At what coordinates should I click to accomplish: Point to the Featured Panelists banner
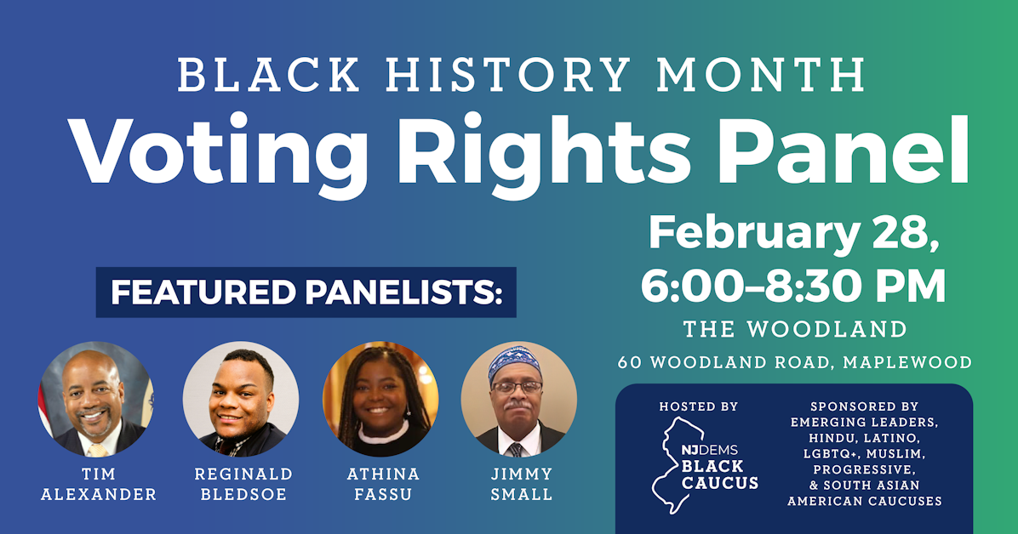pos(306,293)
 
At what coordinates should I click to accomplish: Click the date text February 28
pos(793,231)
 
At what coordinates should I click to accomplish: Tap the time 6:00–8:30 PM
pos(793,287)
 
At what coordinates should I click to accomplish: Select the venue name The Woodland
pos(794,330)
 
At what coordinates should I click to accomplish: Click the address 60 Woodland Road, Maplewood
pos(794,362)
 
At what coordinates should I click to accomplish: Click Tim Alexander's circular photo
pos(96,400)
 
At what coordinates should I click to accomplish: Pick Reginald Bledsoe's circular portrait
pos(241,400)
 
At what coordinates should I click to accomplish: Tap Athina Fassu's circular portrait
pos(380,400)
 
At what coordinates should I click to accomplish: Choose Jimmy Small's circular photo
pos(518,400)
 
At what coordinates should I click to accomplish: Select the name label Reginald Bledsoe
pos(243,484)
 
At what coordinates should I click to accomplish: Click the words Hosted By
pos(698,407)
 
